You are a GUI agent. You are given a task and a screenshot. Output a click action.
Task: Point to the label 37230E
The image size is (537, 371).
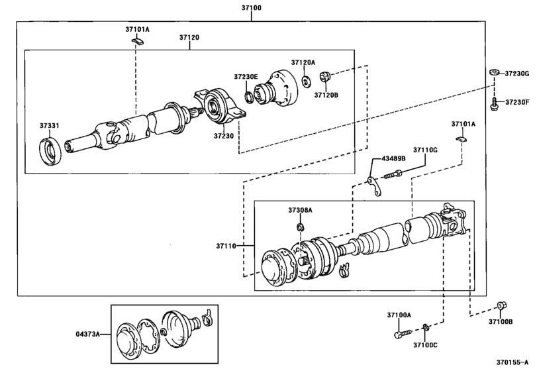click(246, 77)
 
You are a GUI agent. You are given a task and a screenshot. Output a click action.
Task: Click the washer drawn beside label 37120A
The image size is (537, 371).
click(306, 81)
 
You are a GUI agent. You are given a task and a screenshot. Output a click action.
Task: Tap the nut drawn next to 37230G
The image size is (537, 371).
click(493, 72)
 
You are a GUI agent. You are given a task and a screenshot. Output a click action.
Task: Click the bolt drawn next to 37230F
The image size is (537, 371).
click(493, 103)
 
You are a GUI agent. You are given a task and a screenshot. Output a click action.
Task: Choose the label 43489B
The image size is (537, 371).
click(394, 159)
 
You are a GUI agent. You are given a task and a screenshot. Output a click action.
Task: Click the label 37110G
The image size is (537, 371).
click(426, 150)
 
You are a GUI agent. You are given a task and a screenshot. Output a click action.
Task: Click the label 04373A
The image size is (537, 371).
click(87, 335)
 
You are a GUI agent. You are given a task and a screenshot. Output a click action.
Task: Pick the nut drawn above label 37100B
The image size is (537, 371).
click(501, 307)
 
